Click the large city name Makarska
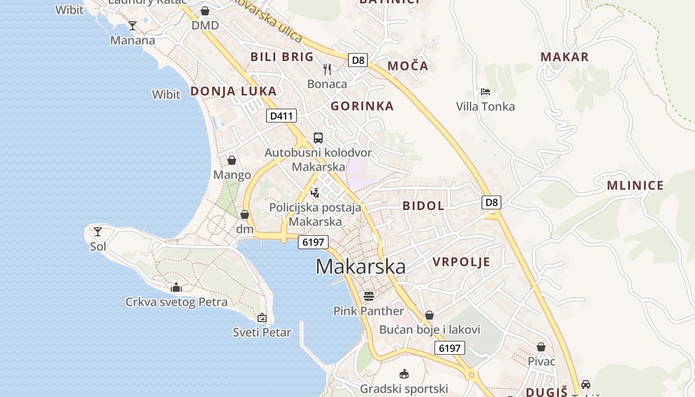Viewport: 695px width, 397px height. click(360, 266)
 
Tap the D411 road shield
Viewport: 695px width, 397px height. click(281, 116)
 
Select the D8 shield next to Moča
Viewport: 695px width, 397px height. click(357, 61)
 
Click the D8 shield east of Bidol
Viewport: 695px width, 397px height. click(491, 202)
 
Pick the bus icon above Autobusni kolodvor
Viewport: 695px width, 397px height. click(318, 137)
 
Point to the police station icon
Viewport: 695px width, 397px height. click(315, 193)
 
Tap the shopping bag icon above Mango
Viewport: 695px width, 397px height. click(232, 160)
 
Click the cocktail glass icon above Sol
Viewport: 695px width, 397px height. click(98, 232)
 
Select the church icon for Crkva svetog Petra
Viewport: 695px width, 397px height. click(176, 287)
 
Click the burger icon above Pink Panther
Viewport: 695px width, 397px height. click(368, 296)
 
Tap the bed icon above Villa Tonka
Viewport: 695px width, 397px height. click(486, 92)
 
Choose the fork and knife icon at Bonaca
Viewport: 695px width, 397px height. click(327, 69)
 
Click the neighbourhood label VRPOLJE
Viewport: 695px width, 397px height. click(461, 262)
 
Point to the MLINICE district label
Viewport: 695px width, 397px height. click(635, 186)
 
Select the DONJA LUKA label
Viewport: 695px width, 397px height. click(233, 91)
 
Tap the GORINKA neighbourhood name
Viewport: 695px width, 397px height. click(362, 106)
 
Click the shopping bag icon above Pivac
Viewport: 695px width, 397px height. click(541, 347)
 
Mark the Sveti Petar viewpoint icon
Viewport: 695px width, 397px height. click(262, 318)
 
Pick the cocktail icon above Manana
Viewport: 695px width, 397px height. click(133, 26)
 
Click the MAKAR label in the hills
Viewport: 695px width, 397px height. click(564, 57)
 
